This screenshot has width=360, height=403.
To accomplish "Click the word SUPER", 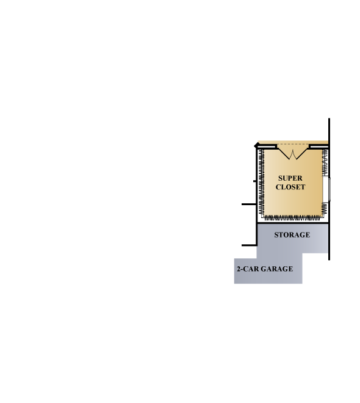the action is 290,178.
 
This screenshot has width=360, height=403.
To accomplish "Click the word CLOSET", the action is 290,187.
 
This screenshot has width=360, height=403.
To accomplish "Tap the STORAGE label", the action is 292,234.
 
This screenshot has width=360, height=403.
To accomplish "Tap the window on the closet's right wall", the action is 326,189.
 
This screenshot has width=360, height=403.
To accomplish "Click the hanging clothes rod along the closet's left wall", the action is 262,182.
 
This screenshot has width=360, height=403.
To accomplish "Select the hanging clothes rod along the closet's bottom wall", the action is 292,218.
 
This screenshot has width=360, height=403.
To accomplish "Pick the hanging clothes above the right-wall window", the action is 325,162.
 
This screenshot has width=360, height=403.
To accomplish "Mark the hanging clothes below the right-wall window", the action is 325,208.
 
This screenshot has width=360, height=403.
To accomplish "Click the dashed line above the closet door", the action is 293,144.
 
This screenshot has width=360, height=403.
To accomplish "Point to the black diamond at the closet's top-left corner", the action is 257,146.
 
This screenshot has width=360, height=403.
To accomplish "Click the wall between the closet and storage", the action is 293,223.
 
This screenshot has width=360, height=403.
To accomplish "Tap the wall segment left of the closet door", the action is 267,147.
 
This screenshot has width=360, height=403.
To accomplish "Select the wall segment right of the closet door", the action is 319,147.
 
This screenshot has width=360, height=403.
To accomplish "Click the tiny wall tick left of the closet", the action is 254,181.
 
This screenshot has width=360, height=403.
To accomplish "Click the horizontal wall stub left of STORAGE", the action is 249,245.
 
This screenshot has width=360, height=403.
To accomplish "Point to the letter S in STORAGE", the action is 276,234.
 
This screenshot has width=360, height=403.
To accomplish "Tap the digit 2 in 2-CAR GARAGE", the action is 239,269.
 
